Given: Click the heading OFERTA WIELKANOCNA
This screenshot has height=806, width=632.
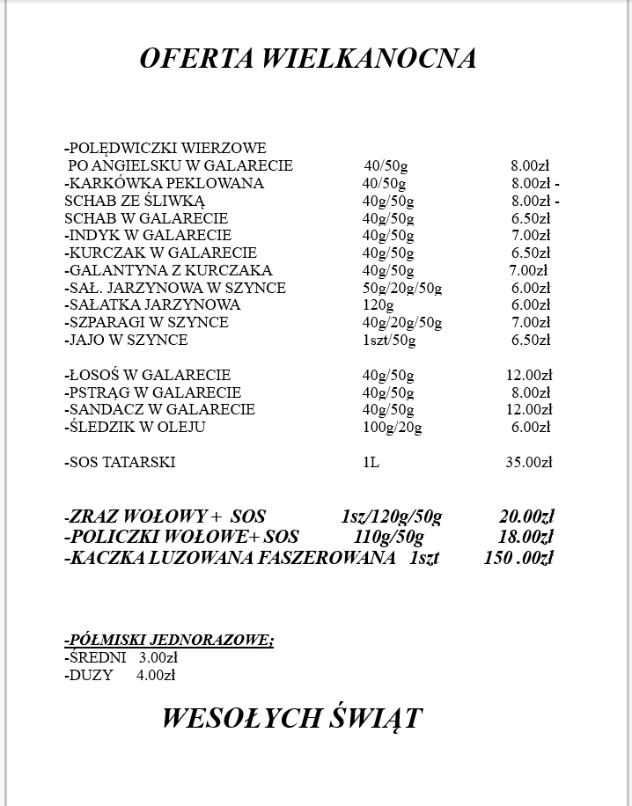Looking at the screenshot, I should coord(308,58).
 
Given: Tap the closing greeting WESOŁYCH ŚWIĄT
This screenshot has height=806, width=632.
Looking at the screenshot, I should coord(291,718).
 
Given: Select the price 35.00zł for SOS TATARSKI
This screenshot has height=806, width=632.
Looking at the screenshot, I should coord(527,462).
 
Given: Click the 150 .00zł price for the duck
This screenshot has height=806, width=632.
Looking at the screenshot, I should coord(518,557).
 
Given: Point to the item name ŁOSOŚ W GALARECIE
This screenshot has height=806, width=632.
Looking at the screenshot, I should coord(148,375).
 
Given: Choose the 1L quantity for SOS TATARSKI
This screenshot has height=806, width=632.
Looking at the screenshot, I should coord(371,462).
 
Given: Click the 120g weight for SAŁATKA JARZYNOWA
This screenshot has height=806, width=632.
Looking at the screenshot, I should coord(378,305).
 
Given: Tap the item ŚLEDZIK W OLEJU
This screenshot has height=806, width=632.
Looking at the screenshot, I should coord(135,428).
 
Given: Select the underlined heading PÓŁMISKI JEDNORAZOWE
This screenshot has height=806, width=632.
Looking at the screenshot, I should coord(169,640).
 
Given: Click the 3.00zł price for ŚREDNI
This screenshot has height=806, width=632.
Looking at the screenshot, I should coord(158,657).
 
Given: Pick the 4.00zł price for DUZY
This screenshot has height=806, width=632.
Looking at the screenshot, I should coord(156,675).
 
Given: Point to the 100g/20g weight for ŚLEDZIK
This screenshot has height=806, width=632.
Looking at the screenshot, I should coord(392,428).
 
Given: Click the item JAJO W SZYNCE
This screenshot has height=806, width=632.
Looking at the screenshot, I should coord(126,340).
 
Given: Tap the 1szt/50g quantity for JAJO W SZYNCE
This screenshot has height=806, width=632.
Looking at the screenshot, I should coord(389,340).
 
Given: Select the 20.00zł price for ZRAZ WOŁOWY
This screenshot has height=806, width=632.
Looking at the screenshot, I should coord(525,517).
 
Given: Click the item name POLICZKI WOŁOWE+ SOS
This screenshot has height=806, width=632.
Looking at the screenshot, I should coord(181,537).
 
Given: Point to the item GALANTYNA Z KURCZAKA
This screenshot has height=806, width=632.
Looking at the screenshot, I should coord(168,270).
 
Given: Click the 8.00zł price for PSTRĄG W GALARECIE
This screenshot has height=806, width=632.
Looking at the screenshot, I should coord(531,392).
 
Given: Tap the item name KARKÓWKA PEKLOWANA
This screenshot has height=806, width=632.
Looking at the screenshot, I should coord(164,183).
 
